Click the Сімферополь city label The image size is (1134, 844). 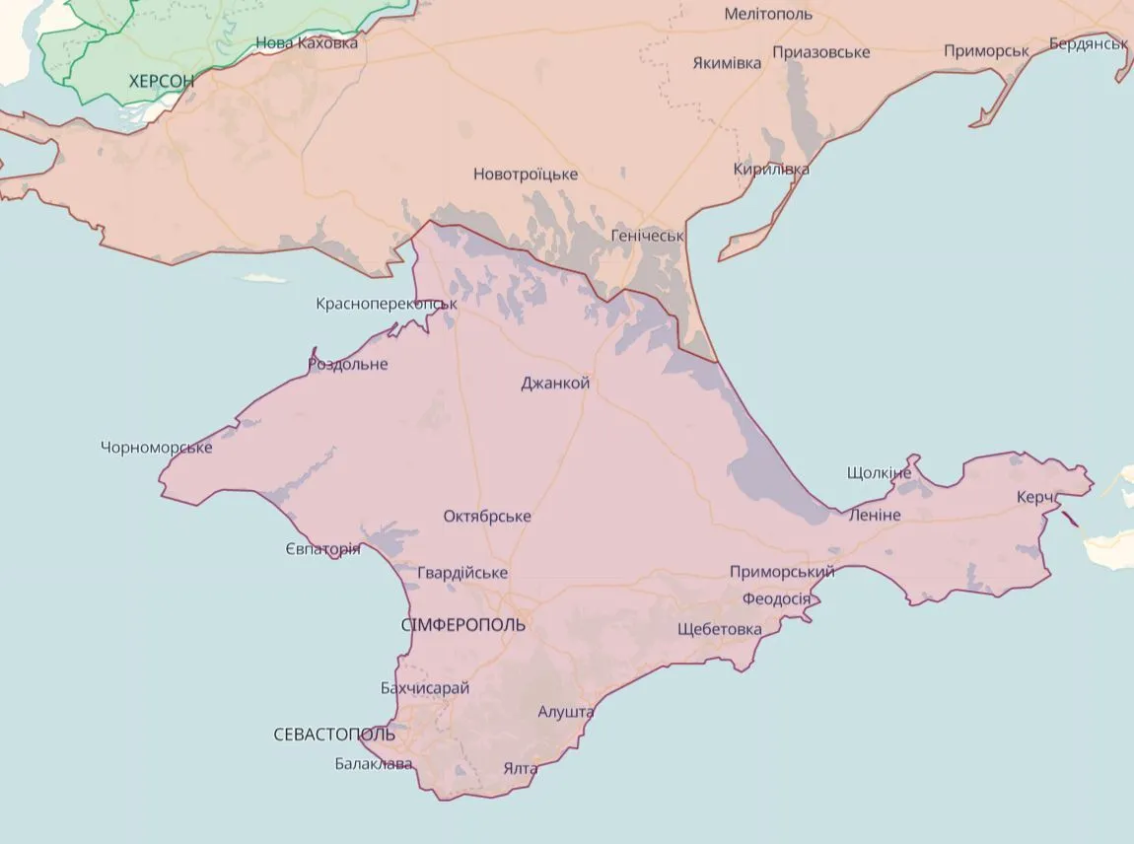(463, 625)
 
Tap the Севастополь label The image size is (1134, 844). (334, 735)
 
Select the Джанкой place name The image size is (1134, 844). (555, 383)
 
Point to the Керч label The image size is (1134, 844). (1036, 497)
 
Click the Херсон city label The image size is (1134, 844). (162, 81)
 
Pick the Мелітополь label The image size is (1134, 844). (768, 14)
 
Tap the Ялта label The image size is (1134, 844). (520, 768)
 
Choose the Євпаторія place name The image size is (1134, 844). (322, 548)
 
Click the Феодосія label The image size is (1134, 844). (777, 598)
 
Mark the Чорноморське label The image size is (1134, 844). (157, 448)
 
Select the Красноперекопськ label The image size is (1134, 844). (387, 304)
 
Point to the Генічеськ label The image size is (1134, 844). (647, 236)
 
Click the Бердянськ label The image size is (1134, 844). (1089, 44)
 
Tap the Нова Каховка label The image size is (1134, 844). (307, 43)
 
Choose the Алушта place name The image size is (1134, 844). (566, 711)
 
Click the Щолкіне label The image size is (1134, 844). (880, 472)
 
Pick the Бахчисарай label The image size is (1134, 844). (425, 688)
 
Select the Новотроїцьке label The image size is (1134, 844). (526, 175)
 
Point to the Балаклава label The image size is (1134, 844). (374, 763)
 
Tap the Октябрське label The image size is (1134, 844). (487, 516)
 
